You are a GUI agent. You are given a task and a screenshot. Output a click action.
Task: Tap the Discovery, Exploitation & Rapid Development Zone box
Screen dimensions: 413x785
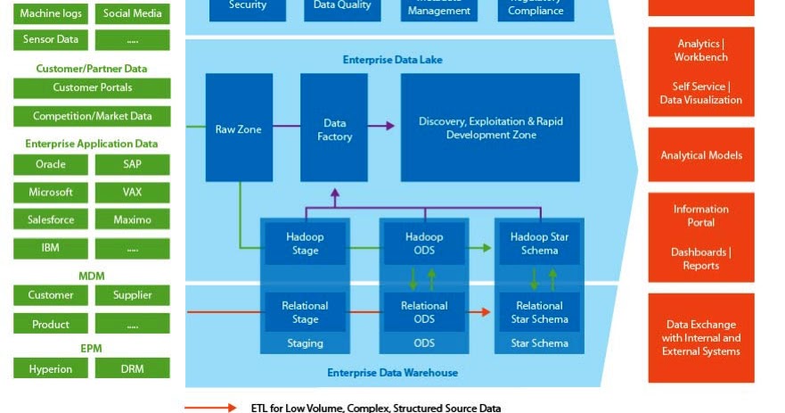point(490,128)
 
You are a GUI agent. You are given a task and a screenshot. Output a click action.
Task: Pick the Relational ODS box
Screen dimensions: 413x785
point(423,312)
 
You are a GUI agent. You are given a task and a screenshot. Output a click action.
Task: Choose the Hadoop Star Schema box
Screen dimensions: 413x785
point(539,244)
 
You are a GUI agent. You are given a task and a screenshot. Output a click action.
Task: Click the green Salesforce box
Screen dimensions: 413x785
point(51,219)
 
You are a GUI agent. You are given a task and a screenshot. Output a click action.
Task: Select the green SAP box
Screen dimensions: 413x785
point(132,164)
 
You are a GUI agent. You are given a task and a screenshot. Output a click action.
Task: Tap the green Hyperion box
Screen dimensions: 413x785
point(51,368)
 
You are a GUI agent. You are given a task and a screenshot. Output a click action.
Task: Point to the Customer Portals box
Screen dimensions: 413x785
point(92,88)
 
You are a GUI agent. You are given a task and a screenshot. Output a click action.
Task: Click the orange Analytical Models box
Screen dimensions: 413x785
point(701,155)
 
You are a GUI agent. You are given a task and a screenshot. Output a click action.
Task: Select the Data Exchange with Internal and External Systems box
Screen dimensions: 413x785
point(701,338)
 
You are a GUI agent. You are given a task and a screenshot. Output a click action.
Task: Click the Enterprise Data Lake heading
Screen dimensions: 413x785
point(392,60)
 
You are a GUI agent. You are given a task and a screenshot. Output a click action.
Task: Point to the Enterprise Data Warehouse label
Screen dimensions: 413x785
point(392,372)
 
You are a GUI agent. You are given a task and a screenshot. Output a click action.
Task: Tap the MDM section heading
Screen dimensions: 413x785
point(92,277)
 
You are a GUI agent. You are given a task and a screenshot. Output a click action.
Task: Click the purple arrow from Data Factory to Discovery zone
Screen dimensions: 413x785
point(381,127)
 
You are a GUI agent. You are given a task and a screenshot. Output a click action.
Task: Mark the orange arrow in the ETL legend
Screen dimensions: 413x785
point(211,408)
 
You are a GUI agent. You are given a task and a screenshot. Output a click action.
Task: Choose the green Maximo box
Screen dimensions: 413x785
point(132,219)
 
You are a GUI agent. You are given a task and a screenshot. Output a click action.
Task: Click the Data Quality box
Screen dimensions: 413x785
point(343,6)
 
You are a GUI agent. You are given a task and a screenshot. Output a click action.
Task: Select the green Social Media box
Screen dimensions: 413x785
point(132,13)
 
